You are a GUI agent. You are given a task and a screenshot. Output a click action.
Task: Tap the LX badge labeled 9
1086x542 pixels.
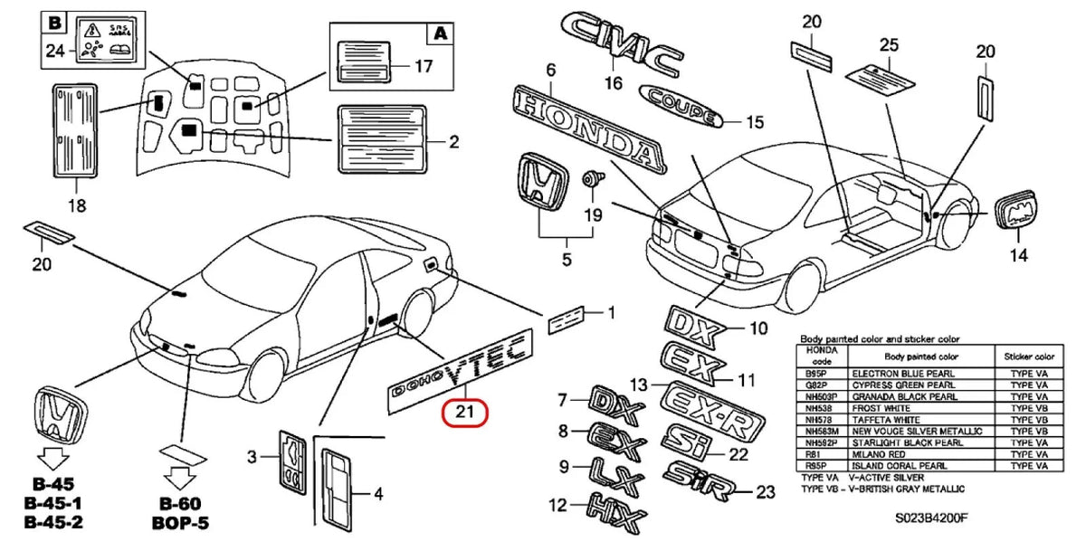[616, 471]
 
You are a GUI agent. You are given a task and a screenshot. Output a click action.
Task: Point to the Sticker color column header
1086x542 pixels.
[1024, 357]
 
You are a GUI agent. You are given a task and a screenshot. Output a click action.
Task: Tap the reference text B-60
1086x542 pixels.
[181, 504]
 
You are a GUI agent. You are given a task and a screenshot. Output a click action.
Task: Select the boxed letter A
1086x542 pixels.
[439, 33]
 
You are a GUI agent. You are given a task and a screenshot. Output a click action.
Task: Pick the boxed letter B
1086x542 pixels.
[56, 22]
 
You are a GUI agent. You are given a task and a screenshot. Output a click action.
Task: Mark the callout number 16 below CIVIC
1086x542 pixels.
[614, 83]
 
